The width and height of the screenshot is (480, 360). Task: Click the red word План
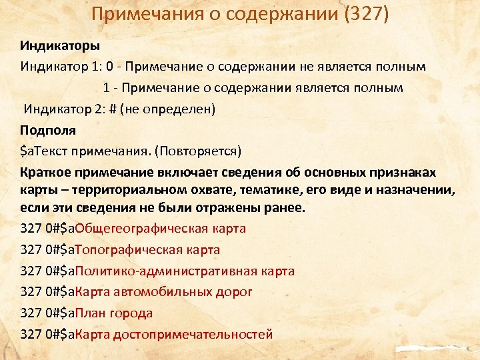click(x=87, y=313)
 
